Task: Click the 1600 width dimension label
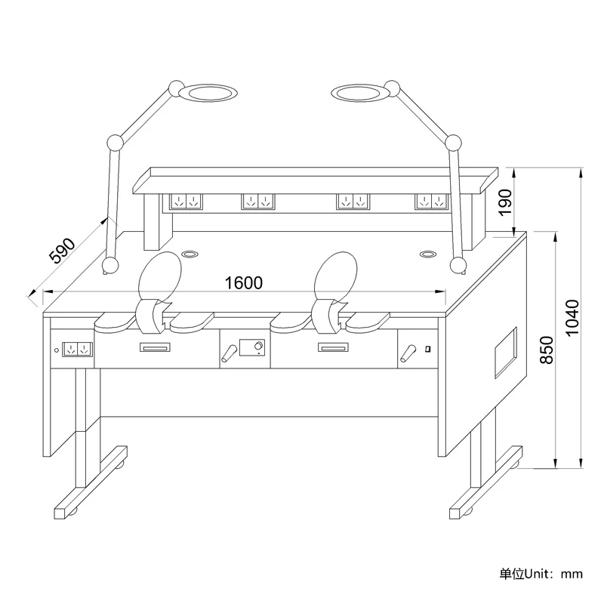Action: click(243, 283)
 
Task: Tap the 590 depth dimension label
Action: click(63, 251)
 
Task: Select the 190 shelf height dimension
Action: click(505, 203)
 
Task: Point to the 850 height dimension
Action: click(547, 350)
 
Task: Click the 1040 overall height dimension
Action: click(572, 318)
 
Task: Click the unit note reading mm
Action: click(572, 574)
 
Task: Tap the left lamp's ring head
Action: click(208, 93)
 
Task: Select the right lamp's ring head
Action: click(361, 93)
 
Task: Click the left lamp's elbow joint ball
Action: click(115, 143)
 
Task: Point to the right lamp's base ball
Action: click(458, 265)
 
